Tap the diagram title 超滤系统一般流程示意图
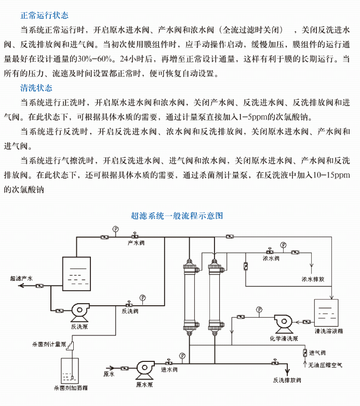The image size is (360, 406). click(x=177, y=215)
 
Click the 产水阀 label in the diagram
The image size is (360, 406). click(x=135, y=243)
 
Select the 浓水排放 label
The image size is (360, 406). click(x=313, y=279)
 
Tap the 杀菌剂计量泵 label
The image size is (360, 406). click(x=49, y=344)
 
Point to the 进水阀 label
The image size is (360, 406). click(x=169, y=370)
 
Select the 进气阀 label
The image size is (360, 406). click(x=317, y=353)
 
